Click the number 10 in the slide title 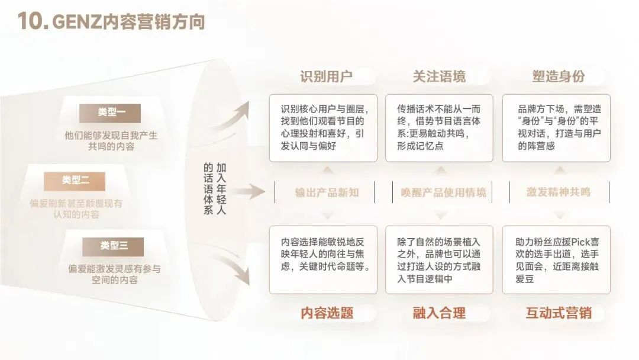(x=31, y=21)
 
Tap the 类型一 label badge (x=111, y=113)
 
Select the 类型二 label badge (x=75, y=180)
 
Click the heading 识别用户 (x=325, y=76)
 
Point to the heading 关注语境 (x=438, y=76)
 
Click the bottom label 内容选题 (x=327, y=313)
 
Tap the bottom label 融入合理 (x=439, y=313)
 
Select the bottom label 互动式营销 (x=558, y=313)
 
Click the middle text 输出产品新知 (x=327, y=192)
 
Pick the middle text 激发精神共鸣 (x=558, y=192)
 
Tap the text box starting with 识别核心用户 (x=323, y=128)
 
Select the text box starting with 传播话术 (x=439, y=128)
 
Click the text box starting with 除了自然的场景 (x=439, y=260)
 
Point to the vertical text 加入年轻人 (x=221, y=189)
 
